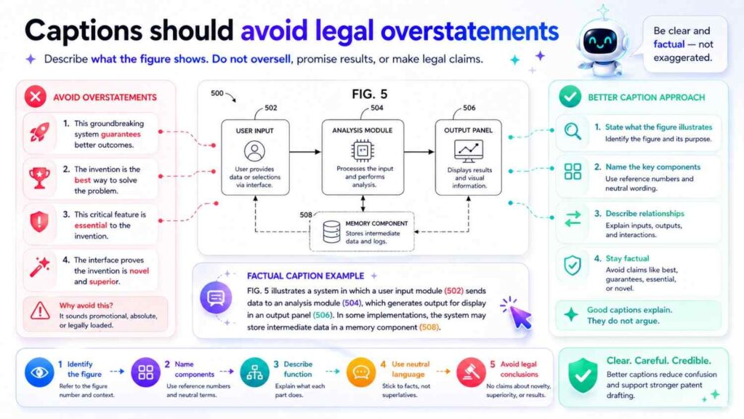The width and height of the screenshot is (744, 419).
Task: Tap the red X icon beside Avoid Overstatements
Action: coord(34,97)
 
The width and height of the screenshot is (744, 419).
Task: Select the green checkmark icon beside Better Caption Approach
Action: coord(569,97)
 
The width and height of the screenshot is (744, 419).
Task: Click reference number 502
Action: coord(270,108)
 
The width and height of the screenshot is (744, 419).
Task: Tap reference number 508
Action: coord(306,215)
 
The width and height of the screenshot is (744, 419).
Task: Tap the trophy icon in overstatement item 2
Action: coord(39,177)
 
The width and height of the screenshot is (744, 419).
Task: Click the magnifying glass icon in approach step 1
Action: coord(573,132)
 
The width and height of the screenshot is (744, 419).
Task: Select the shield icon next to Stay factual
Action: coord(573,266)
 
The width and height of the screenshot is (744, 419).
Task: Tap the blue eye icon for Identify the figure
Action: coord(39,372)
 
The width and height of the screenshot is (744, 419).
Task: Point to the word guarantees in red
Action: coord(121,134)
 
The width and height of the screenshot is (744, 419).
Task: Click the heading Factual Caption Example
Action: coord(305,276)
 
